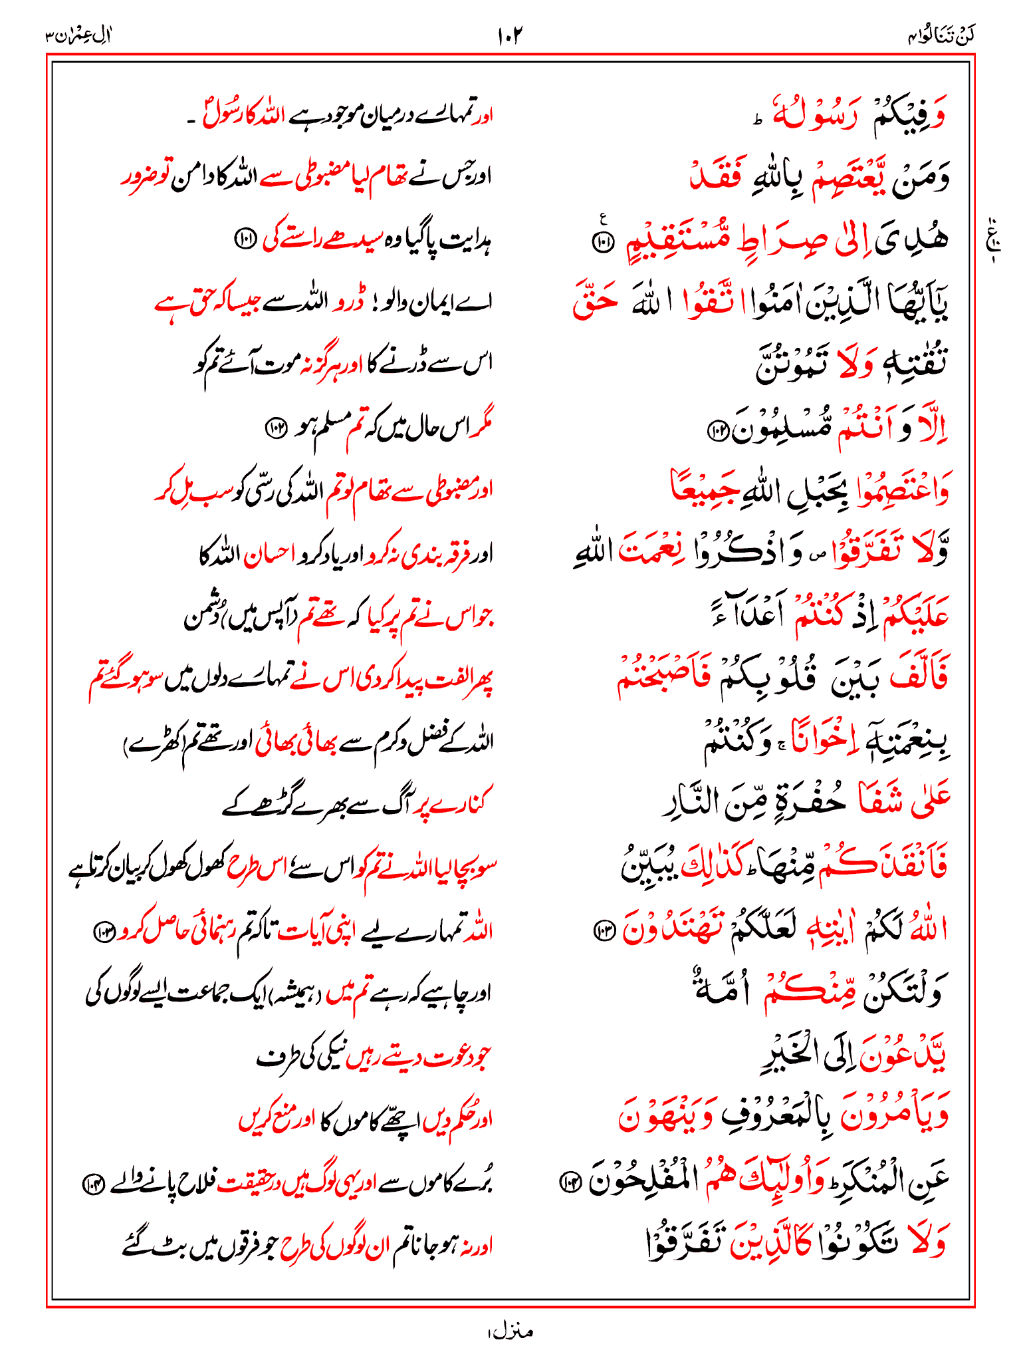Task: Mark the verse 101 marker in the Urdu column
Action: coord(244,241)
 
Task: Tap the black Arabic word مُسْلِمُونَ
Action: coord(781,430)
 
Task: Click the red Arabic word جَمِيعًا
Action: coord(705,490)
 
